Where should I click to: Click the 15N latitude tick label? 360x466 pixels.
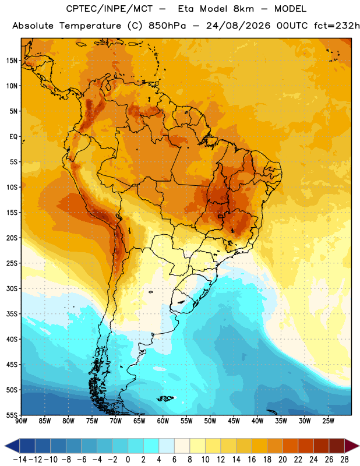click(12, 61)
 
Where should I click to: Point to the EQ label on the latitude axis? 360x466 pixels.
click(13, 137)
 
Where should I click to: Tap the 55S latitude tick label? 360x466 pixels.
click(12, 415)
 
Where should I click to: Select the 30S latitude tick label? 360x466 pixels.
click(12, 288)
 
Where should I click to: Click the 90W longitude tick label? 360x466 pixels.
click(21, 421)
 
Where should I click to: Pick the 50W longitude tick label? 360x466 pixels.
click(210, 421)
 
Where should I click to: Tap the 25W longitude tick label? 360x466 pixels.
click(328, 421)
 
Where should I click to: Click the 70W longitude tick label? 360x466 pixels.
click(116, 421)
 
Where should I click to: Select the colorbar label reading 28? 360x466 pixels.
click(344, 460)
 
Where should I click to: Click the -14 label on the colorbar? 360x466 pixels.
click(20, 460)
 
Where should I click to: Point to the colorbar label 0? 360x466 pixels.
click(128, 460)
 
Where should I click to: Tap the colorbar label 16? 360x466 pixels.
click(252, 460)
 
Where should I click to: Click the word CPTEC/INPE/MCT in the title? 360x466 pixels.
click(109, 9)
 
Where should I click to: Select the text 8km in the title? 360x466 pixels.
click(243, 9)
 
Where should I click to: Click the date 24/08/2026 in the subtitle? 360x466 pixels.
click(238, 26)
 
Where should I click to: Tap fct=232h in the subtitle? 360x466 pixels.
click(337, 26)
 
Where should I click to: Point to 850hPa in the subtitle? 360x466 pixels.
click(167, 26)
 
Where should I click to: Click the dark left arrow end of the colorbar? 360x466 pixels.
click(12, 446)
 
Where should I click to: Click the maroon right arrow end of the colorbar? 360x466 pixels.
click(352, 446)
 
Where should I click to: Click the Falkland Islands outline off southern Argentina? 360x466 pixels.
click(165, 398)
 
